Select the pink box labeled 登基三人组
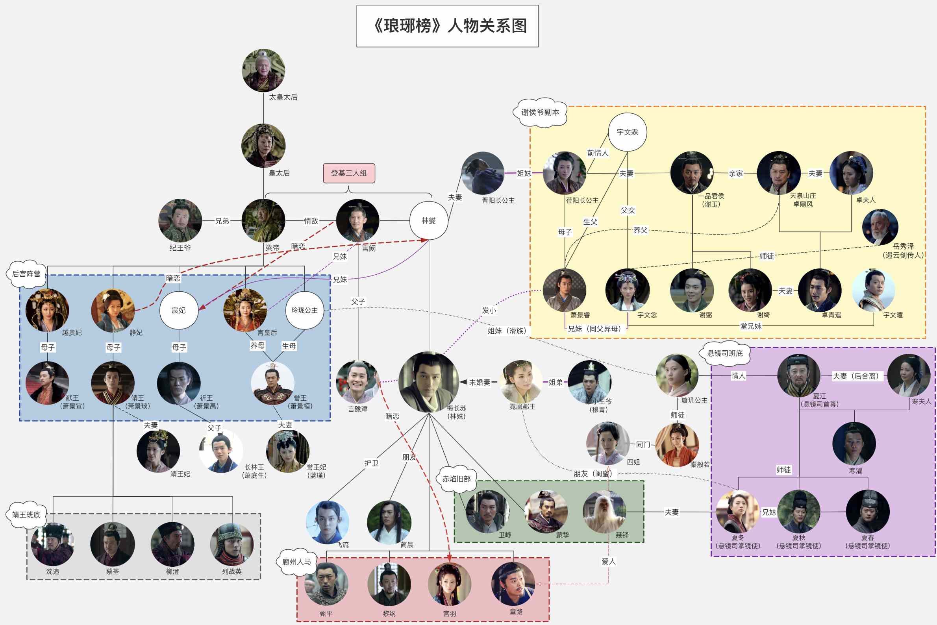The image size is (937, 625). point(349,173)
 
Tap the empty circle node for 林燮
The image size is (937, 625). point(429,220)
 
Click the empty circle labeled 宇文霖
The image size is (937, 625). point(627,132)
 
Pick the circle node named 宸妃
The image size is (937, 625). point(179,310)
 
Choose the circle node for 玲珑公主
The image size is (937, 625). point(304,310)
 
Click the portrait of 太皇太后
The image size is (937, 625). point(263,70)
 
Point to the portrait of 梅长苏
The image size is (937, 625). point(429,382)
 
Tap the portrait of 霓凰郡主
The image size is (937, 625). point(521,382)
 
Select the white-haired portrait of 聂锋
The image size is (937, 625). point(604,512)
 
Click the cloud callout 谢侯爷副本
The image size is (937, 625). point(540,113)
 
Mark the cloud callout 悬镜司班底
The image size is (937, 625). point(725,353)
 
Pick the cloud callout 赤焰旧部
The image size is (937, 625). point(456,479)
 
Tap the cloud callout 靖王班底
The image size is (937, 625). point(26,514)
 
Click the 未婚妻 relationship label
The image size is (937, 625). point(479,382)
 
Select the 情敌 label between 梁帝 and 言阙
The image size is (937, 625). point(311,221)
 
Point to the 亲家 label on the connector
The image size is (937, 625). point(736,174)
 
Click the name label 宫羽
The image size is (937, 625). point(449,614)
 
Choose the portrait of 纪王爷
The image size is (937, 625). point(180,220)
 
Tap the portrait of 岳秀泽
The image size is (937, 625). point(880,227)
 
